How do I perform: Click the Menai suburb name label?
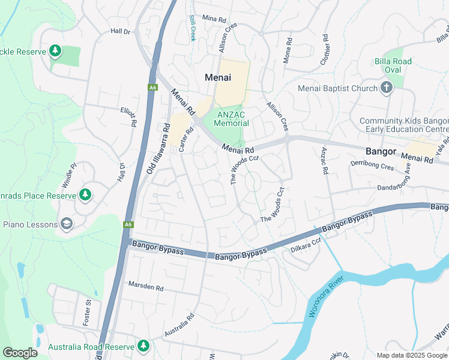pos(218,77)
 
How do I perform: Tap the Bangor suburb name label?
pos(381,151)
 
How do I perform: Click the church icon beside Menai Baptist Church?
pos(387,89)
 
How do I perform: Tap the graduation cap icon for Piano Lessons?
pos(67,224)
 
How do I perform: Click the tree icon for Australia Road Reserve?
pos(143,346)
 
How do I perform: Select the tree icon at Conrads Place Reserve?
pos(85,195)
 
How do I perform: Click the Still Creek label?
pos(193,28)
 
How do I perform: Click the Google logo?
pos(20,352)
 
